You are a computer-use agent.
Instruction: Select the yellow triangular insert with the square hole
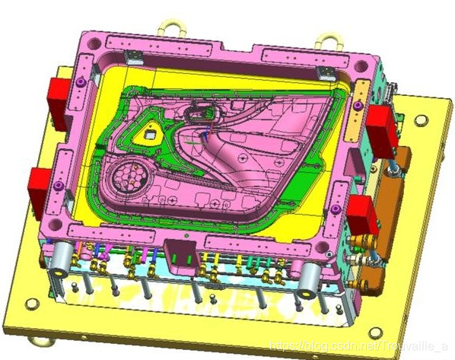tap(148, 134)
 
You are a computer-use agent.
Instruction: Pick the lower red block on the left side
tap(39, 193)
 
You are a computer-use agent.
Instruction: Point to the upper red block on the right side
tap(382, 131)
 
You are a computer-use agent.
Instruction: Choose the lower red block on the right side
tap(363, 215)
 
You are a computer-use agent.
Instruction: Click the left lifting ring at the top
tap(172, 27)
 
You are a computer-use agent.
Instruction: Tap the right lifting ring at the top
tap(329, 42)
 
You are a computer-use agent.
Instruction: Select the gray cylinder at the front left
tap(61, 259)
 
